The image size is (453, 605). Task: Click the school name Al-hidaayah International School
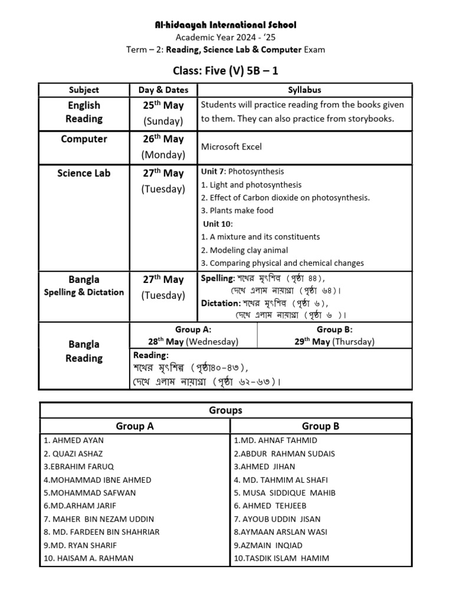(x=226, y=25)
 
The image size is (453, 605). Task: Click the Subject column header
(x=84, y=90)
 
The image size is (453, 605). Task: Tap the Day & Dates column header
(x=163, y=90)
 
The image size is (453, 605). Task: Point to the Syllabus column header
(x=304, y=90)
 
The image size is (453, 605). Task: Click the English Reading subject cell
(x=84, y=112)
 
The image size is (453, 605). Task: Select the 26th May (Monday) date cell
(x=163, y=147)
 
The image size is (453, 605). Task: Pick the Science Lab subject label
(x=84, y=173)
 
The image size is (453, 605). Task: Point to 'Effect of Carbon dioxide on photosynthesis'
(x=285, y=197)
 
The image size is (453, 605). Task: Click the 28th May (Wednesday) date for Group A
(x=193, y=341)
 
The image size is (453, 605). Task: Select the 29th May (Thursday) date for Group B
(x=334, y=341)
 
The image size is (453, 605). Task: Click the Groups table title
(x=226, y=410)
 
